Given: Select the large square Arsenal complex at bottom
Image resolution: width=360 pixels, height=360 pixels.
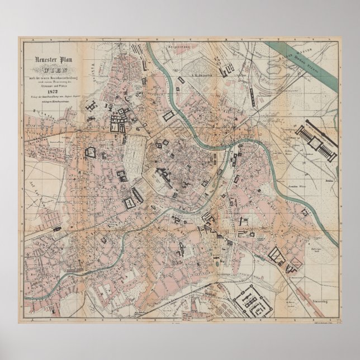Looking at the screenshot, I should pos(260,296).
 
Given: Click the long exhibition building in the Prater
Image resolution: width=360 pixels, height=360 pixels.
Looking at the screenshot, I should pos(315,143).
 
